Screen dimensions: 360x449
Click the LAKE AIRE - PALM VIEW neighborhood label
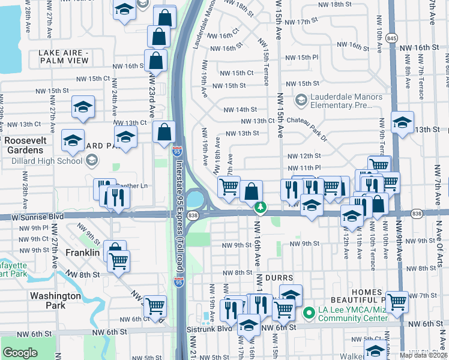pos(64,57)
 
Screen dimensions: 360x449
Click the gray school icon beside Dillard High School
pos(92,160)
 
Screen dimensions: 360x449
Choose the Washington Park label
pos(55,301)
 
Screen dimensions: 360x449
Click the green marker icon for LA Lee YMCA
pos(309,313)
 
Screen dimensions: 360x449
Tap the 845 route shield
pos(391,37)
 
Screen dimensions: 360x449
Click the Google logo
pos(20,352)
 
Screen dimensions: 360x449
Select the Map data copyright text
pos(424,355)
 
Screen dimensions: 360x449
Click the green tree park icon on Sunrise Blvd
pos(260,208)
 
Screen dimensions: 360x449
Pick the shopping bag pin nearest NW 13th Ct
pos(164,132)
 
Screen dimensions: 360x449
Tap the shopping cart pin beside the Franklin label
pos(119,262)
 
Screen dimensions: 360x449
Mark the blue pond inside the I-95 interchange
pos(195,197)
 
